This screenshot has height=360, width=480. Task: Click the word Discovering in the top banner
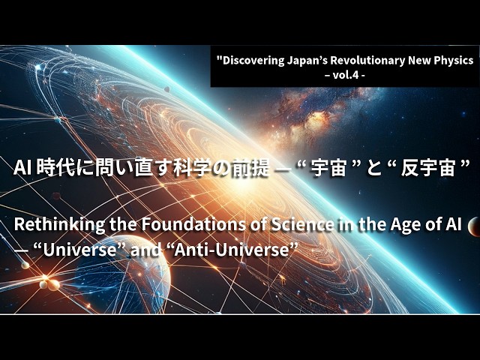253,61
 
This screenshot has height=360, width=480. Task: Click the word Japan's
308,61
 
